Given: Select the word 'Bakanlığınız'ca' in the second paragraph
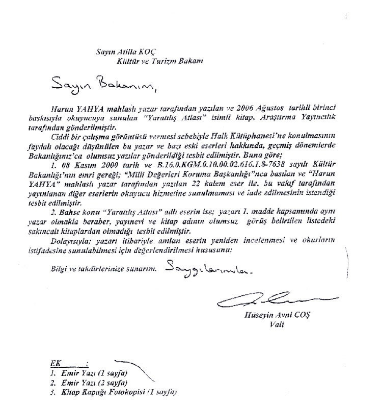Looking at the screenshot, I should pyautogui.click(x=77, y=152).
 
